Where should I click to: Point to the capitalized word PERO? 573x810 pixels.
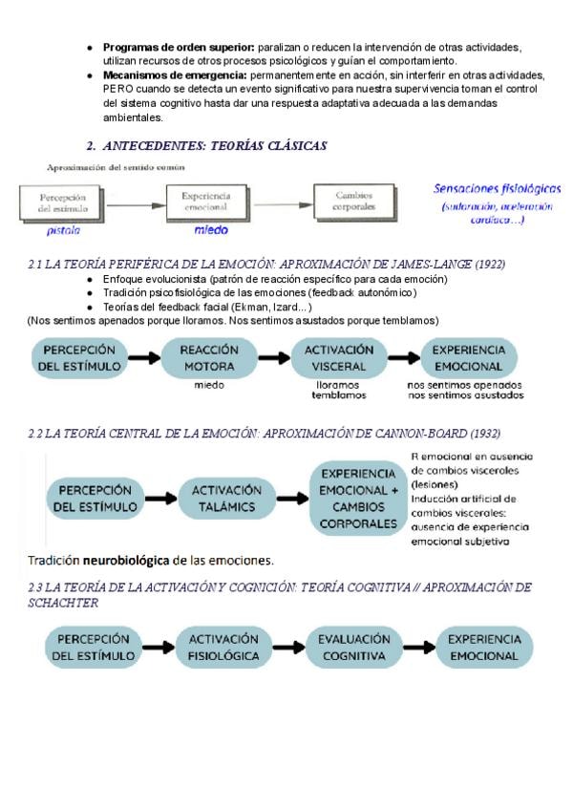coord(118,89)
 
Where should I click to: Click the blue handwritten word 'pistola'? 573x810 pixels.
coord(64,230)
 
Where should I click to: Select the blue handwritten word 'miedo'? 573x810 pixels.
coord(211,230)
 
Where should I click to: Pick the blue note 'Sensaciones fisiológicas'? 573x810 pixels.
coord(497,189)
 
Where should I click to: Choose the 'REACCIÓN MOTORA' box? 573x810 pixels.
coord(208,358)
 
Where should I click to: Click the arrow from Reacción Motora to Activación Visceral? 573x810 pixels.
coord(273,358)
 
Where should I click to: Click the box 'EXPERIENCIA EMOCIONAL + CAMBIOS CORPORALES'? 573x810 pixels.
coord(359,498)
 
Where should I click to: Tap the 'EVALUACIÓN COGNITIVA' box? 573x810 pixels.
coord(353,648)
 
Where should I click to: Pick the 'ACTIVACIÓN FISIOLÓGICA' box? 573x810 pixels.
coord(223,648)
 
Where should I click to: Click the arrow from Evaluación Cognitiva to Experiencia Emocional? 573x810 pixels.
coord(418,648)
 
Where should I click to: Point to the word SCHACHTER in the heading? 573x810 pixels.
coord(63,603)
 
